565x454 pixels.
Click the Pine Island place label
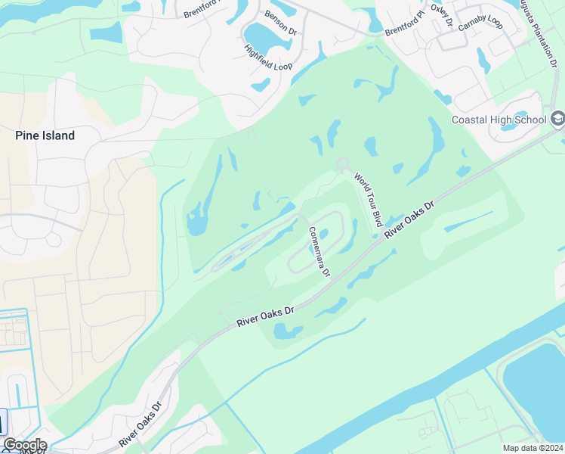coord(45,136)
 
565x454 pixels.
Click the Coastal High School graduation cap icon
coord(557,118)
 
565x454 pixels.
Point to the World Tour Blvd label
coord(368,199)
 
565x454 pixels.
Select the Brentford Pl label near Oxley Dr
coord(406,21)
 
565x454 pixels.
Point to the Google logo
coord(24,445)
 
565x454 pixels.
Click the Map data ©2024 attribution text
coord(532,448)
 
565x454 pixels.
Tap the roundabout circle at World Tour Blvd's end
coord(342,163)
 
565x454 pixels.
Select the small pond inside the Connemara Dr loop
coord(323,233)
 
